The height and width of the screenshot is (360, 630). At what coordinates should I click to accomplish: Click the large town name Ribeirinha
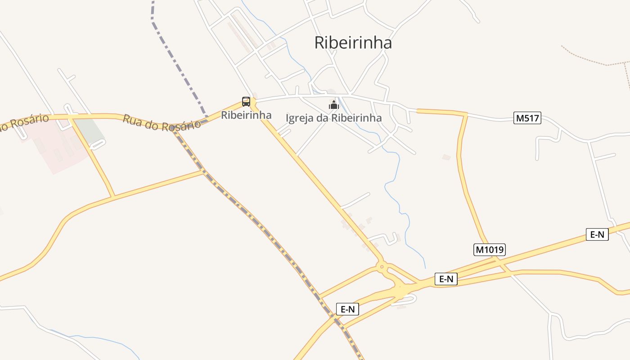tap(353, 43)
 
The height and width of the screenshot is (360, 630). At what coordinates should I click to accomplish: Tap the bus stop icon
tap(246, 101)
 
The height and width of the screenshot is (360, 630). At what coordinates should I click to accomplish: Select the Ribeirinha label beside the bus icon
tap(246, 115)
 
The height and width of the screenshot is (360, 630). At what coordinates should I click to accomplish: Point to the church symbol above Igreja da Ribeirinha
tap(333, 105)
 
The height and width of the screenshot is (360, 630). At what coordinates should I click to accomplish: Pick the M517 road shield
tap(527, 118)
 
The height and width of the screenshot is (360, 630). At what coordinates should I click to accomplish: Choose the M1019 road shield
tap(490, 249)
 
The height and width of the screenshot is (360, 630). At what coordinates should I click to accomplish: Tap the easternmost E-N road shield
tap(597, 234)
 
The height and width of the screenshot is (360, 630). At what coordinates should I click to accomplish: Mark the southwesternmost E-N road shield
tap(347, 309)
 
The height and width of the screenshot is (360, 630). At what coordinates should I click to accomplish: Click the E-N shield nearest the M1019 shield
tap(446, 279)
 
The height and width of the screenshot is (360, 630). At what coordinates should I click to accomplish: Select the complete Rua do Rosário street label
tap(162, 123)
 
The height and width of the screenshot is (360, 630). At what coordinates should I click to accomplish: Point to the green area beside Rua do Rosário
tap(88, 129)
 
